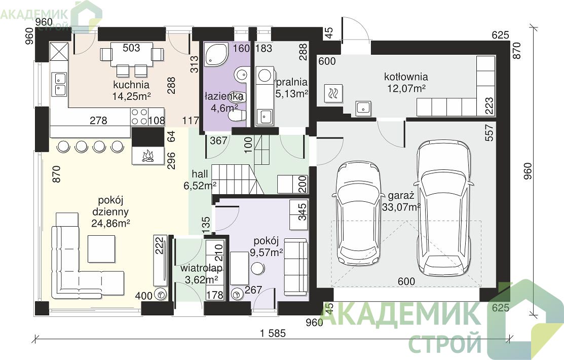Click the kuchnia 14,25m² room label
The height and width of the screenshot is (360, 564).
pos(131,90)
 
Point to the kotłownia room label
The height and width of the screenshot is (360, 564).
pos(406,77)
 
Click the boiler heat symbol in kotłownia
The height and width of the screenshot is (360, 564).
pos(333,94)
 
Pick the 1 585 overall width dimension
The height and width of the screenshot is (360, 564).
pos(273,333)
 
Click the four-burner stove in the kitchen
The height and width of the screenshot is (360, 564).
pos(139,116)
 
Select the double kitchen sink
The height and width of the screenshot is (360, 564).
pos(59,84)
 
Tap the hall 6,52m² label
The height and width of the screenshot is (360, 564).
pos(200,179)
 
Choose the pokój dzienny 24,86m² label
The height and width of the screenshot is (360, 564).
pos(111,211)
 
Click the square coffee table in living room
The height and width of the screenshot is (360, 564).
pos(102,249)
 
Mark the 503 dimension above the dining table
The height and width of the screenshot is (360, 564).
pos(131,48)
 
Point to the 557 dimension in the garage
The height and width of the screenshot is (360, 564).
pos(489,132)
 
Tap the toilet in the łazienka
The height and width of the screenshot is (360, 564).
pos(237,116)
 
